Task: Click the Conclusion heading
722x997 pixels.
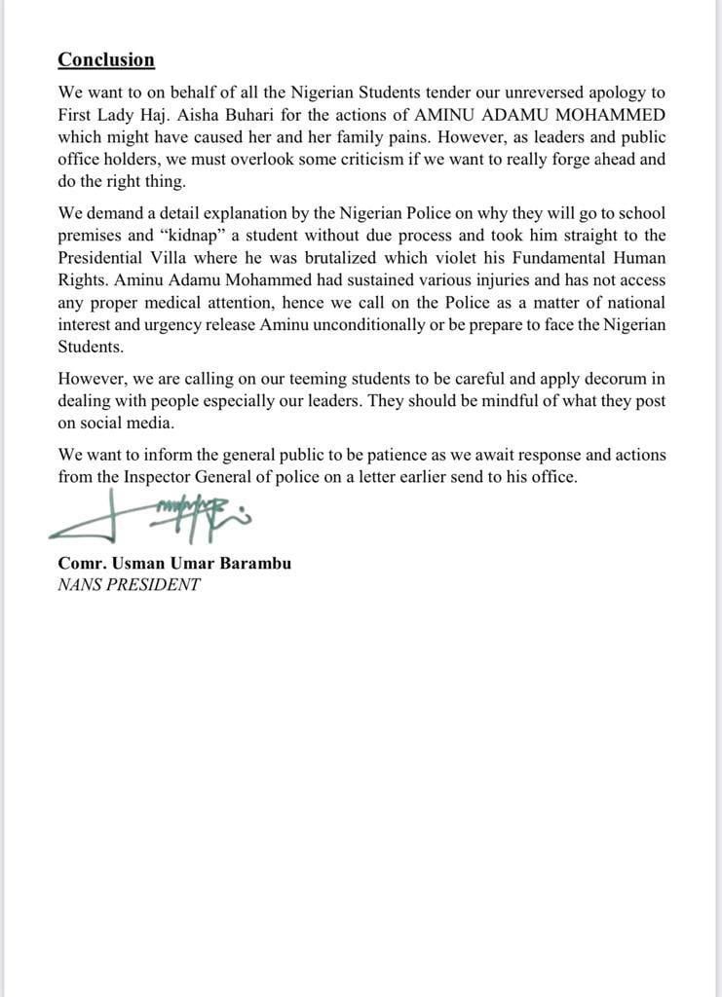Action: click(106, 59)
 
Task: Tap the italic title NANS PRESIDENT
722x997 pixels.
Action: click(129, 585)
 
